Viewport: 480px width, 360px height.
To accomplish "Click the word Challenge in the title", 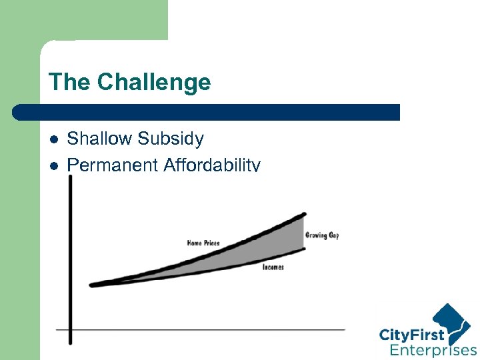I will tap(153, 83).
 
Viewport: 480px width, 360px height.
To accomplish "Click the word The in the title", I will tap(70, 83).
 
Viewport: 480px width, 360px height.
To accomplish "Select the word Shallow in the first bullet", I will tap(102, 139).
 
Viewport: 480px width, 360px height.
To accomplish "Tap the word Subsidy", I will tap(173, 139).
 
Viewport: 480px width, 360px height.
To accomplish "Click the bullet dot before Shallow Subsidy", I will tap(55, 140).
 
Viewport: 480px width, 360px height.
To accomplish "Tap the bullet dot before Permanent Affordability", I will tap(55, 165).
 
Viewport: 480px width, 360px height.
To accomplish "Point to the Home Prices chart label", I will tap(203, 243).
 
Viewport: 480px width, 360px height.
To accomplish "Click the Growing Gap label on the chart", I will tap(322, 235).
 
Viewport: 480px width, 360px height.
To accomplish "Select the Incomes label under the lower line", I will tap(273, 267).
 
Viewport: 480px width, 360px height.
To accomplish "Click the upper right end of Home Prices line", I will tap(304, 214).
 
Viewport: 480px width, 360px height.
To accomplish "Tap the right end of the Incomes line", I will tap(304, 249).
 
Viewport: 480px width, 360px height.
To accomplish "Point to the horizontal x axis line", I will tap(200, 329).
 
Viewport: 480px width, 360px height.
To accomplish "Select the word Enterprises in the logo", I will tap(433, 350).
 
